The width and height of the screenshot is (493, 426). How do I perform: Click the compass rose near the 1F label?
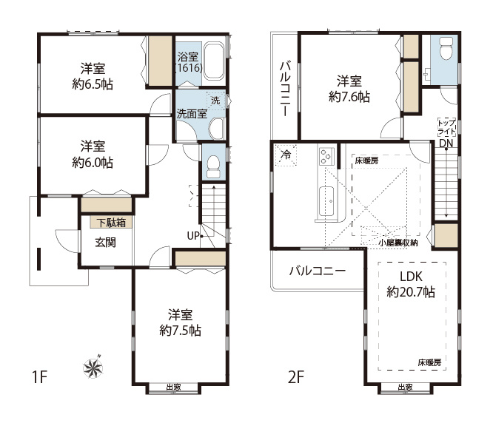pyautogui.click(x=93, y=368)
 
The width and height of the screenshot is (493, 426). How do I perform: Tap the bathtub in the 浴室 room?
pyautogui.click(x=214, y=61)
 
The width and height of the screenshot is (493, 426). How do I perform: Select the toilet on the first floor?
pyautogui.click(x=213, y=166)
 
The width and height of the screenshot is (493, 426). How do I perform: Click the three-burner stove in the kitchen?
pyautogui.click(x=326, y=156)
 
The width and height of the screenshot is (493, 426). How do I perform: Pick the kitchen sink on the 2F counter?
pyautogui.click(x=326, y=201)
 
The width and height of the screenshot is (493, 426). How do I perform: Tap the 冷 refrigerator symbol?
pyautogui.click(x=286, y=155)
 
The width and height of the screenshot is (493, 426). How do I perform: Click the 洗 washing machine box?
pyautogui.click(x=215, y=101)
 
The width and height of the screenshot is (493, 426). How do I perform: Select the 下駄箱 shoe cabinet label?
pyautogui.click(x=111, y=223)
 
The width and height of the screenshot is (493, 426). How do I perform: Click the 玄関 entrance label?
pyautogui.click(x=106, y=243)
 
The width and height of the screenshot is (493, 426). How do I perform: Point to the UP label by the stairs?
pyautogui.click(x=193, y=235)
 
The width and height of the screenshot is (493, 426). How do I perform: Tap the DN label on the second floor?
pyautogui.click(x=446, y=143)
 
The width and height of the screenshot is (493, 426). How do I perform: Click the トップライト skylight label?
pyautogui.click(x=446, y=127)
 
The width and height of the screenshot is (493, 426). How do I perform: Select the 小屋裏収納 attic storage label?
pyautogui.click(x=398, y=243)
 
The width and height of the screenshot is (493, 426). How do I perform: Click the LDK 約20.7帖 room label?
pyautogui.click(x=411, y=284)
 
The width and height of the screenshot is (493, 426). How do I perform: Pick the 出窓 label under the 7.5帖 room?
pyautogui.click(x=173, y=387)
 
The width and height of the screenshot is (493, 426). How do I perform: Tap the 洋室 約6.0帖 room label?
pyautogui.click(x=93, y=155)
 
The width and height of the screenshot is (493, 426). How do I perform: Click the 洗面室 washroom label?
pyautogui.click(x=192, y=114)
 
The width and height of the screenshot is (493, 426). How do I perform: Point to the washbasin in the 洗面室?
pyautogui.click(x=216, y=129)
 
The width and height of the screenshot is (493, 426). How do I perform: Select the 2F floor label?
pyautogui.click(x=296, y=377)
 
